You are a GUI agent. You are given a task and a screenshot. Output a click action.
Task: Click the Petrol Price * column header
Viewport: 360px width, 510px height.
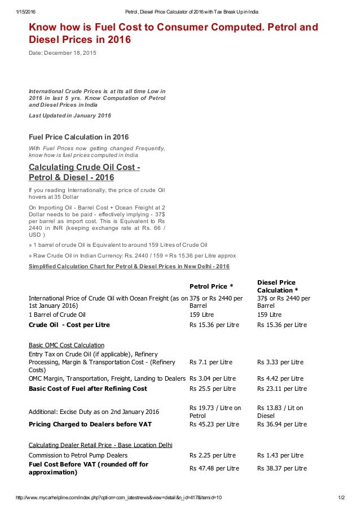click(212, 286)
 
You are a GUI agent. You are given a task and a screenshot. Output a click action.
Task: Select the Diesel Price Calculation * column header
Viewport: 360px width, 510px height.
click(276, 286)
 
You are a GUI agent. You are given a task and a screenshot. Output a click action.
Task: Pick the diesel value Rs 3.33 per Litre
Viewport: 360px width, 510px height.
click(280, 362)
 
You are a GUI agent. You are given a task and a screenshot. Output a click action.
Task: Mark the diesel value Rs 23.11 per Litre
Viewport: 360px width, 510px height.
click(282, 389)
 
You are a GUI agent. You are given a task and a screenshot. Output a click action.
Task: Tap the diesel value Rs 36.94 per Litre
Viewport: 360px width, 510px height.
click(282, 424)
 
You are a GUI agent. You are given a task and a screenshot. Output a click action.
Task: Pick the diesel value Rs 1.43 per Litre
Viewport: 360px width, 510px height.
click(280, 455)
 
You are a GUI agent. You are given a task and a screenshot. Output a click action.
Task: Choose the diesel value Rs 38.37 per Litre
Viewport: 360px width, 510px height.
click(282, 468)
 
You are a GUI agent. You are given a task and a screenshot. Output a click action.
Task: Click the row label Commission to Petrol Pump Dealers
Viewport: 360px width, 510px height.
click(78, 455)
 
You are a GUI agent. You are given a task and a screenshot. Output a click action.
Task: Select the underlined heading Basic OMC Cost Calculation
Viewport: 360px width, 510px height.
click(66, 345)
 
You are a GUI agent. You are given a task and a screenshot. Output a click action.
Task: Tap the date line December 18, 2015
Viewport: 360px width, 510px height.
click(62, 53)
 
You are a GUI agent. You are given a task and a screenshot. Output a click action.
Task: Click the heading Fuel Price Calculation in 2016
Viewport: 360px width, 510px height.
click(78, 137)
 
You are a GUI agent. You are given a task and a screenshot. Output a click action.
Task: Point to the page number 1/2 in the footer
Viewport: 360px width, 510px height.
click(341, 498)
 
